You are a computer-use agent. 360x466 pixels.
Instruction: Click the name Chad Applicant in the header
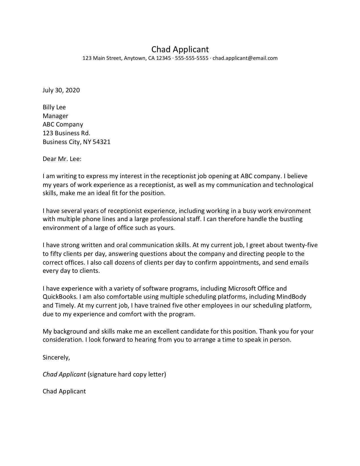click(x=180, y=49)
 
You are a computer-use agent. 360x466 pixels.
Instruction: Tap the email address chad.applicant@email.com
click(x=245, y=58)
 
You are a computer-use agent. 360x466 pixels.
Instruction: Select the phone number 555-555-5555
click(x=191, y=58)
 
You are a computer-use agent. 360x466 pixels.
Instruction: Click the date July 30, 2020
click(x=61, y=90)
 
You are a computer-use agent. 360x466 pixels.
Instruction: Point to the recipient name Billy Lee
click(x=54, y=107)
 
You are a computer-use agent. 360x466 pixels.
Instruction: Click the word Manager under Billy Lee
click(x=55, y=116)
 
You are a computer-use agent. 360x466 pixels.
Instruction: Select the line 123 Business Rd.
click(x=66, y=133)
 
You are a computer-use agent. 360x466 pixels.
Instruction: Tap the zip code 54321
click(x=101, y=142)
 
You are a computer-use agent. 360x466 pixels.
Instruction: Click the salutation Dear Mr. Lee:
click(x=62, y=159)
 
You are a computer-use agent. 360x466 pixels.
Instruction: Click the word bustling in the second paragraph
click(x=291, y=219)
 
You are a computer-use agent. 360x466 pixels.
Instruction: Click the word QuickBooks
click(x=60, y=297)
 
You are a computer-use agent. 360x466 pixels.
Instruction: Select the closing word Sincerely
click(x=56, y=357)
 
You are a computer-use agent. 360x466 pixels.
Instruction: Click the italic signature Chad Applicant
click(x=64, y=374)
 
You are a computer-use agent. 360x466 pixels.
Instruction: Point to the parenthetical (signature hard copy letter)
click(x=127, y=374)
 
